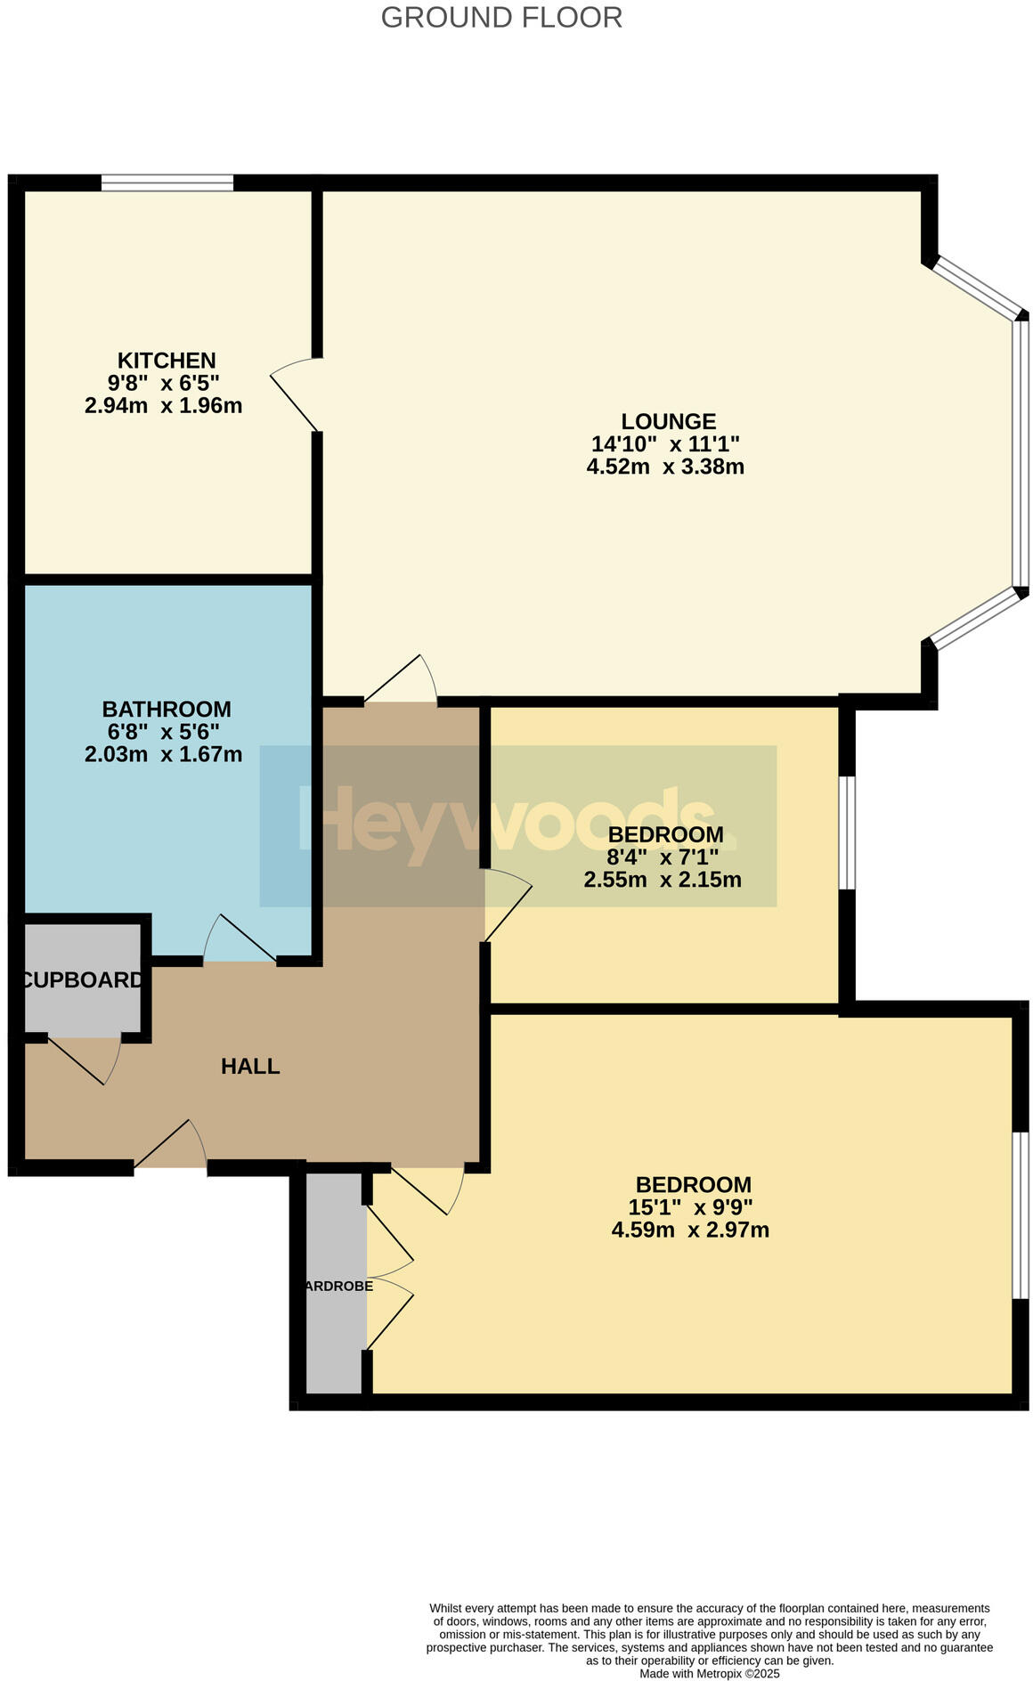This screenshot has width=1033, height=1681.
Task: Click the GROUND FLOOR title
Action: (x=501, y=17)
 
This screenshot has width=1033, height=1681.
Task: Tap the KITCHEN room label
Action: (x=167, y=361)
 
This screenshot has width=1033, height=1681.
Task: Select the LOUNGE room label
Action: (x=668, y=421)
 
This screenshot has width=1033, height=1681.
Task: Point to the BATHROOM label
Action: (x=167, y=710)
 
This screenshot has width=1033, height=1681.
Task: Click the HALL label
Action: (x=250, y=1066)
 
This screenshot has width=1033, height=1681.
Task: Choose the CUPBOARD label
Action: (x=82, y=980)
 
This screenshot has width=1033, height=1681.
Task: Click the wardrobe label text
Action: (x=338, y=1287)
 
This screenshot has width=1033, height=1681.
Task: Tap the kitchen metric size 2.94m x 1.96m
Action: (x=163, y=406)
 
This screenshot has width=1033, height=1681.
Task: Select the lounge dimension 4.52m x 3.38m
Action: (x=665, y=467)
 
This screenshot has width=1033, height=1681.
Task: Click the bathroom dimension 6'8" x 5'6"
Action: (x=163, y=732)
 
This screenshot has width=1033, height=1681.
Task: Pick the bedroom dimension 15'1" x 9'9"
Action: (x=691, y=1207)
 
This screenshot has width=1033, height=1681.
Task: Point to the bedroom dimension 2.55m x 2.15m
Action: (x=663, y=881)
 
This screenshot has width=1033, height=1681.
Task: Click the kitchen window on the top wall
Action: (x=167, y=183)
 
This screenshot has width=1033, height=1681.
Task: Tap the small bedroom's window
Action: (x=848, y=832)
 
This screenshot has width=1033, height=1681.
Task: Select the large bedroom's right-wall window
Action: (x=1021, y=1215)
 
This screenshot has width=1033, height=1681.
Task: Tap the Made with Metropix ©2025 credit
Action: (x=710, y=1674)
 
